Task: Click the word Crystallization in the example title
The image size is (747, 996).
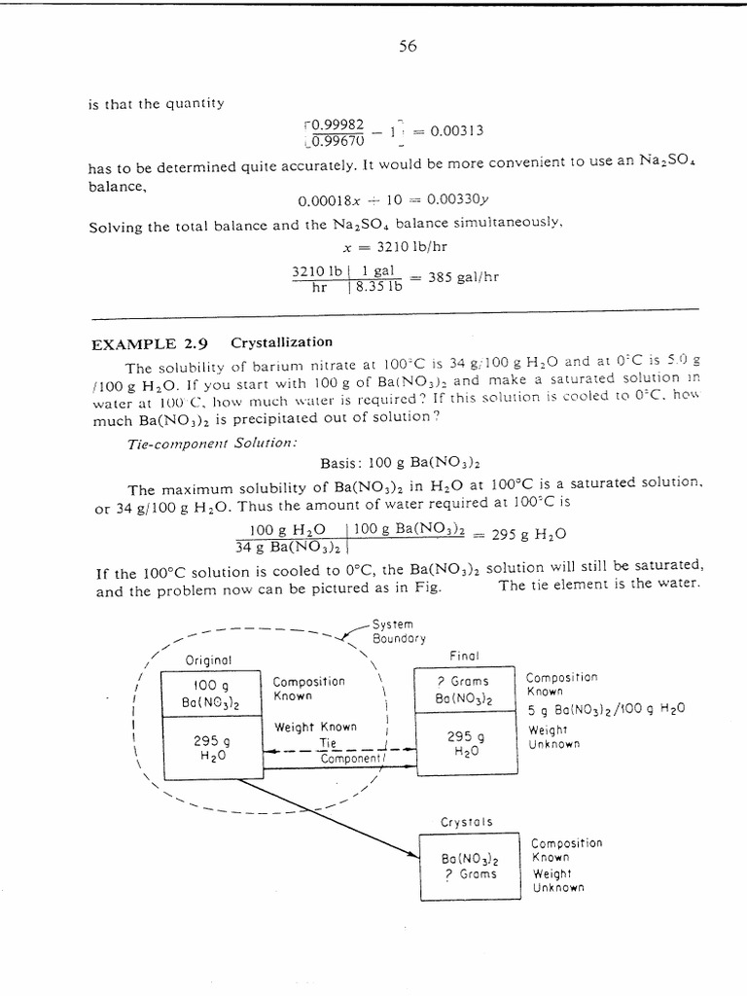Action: coord(281,342)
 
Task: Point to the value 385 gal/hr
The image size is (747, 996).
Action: coord(464,276)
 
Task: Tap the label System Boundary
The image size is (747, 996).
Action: coord(399,631)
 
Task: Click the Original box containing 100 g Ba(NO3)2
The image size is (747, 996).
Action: coord(218,694)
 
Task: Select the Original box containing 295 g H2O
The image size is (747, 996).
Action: coord(218,747)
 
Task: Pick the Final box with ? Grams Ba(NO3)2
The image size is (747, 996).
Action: coord(463,691)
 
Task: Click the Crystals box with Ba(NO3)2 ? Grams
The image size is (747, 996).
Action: coord(469,867)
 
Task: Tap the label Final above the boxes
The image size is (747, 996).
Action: coord(465,656)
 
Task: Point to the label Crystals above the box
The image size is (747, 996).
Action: coord(467,823)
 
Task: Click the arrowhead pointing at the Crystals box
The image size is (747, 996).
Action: coord(410,855)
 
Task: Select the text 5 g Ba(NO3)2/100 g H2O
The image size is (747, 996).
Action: coord(606,709)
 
